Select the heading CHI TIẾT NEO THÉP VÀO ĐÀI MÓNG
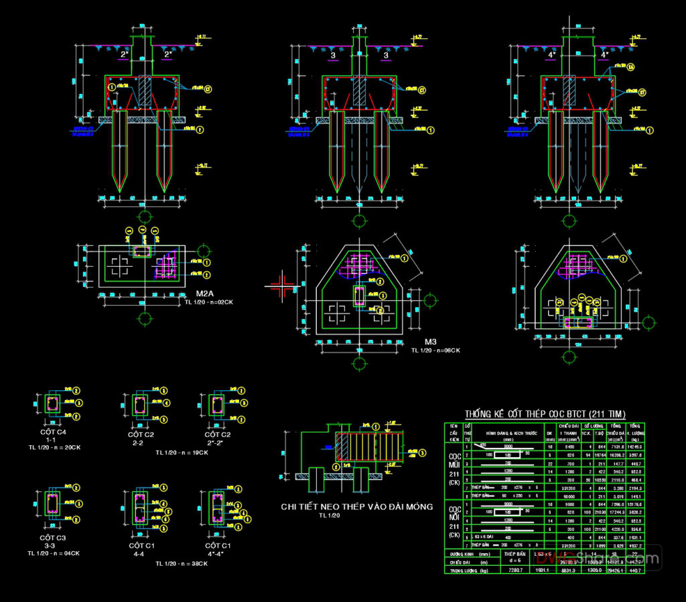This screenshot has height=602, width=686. click(x=356, y=507)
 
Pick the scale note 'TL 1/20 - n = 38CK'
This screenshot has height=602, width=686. click(x=182, y=564)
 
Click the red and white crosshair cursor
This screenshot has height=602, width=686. click(x=283, y=286)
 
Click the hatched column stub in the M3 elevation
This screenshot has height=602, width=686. click(x=360, y=91)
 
